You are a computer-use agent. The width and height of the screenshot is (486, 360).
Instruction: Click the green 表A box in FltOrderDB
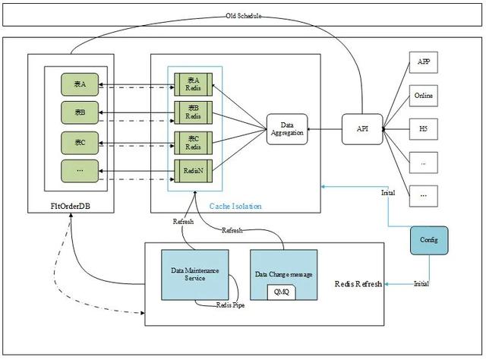[x=79, y=84]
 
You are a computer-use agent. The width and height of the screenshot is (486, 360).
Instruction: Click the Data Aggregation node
[x=287, y=129]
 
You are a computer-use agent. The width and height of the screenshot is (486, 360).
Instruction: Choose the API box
[x=361, y=129]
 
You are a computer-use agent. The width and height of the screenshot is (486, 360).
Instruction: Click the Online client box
[x=424, y=96]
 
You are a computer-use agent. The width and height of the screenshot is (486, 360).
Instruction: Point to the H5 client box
[x=424, y=129]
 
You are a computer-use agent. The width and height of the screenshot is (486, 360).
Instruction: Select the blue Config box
[x=429, y=240]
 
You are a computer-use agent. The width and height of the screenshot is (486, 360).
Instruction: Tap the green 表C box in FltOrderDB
[x=79, y=142]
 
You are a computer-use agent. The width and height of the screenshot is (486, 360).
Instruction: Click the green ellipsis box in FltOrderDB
[x=79, y=171]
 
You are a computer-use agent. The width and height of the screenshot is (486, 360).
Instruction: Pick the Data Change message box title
[x=284, y=273]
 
